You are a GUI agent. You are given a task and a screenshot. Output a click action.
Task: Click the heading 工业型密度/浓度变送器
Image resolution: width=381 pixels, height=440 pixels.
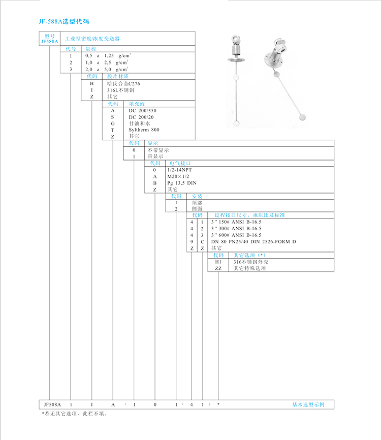click(x=93, y=39)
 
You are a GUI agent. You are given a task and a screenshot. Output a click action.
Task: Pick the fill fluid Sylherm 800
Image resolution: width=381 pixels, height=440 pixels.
click(x=144, y=130)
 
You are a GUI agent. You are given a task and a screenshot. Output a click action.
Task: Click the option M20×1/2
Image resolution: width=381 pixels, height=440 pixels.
click(x=179, y=176)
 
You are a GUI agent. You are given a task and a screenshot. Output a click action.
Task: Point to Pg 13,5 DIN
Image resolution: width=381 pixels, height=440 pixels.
click(x=181, y=183)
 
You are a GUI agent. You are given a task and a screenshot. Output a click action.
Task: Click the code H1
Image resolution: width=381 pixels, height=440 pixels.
click(x=218, y=262)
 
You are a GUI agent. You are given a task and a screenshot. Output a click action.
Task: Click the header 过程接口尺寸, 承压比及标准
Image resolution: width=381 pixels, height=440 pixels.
click(x=249, y=215)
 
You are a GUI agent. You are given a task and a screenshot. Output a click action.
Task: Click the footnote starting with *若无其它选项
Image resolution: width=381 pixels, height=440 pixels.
click(x=75, y=414)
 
